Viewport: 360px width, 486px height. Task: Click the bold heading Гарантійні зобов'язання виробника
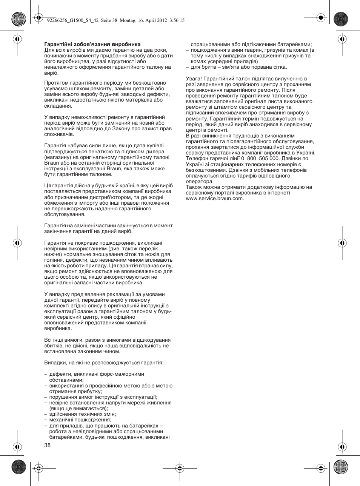(92, 44)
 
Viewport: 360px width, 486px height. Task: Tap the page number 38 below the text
(48, 445)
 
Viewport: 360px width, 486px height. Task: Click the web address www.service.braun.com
(215, 198)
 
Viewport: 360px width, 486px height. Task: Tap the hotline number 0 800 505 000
(260, 159)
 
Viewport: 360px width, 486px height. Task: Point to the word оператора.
(200, 181)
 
